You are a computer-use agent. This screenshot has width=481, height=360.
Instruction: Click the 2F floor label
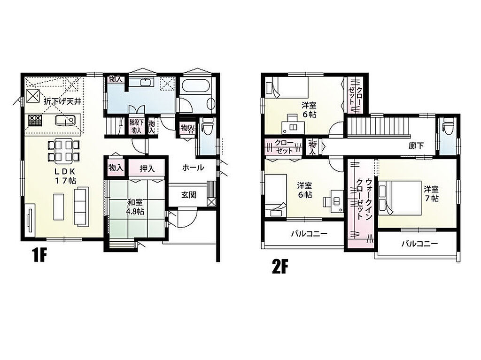280,267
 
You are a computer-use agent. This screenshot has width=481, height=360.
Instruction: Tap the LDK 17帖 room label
65,176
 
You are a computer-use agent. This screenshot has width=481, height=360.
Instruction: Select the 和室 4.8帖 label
135,207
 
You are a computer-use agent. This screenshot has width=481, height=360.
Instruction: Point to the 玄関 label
189,195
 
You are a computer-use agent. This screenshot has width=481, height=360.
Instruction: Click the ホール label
193,168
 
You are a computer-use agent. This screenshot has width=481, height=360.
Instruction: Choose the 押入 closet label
147,169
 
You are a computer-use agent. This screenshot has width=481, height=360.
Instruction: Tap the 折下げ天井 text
62,101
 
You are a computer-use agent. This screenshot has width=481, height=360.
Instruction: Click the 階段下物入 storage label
137,126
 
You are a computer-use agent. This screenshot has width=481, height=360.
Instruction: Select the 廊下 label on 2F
417,146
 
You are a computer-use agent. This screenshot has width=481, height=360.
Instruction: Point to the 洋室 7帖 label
431,193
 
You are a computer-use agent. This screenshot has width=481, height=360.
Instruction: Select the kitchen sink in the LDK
65,120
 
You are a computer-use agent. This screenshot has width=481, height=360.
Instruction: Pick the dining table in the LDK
64,150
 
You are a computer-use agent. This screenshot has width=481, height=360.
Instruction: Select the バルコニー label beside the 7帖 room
419,244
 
